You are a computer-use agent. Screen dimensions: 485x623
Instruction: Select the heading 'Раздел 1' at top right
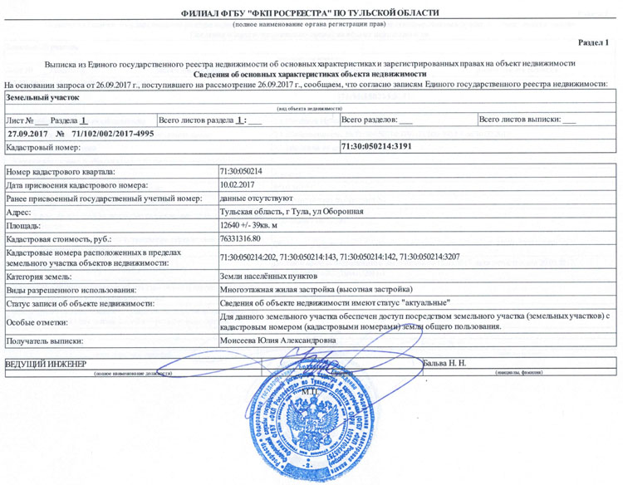(593, 42)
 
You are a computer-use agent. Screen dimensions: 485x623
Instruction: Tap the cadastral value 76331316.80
(246, 238)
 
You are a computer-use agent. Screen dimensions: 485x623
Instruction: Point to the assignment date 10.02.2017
(238, 184)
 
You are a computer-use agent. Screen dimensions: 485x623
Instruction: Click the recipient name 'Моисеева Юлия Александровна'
(277, 340)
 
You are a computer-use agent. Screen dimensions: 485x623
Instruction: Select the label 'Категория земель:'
(41, 276)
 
